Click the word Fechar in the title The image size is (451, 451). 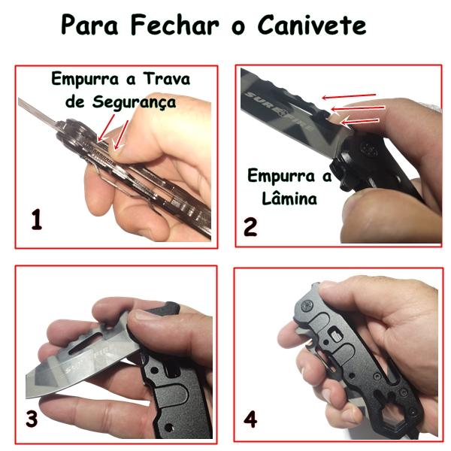(x=174, y=25)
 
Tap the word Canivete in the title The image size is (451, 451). (x=312, y=25)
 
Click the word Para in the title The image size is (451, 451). (x=89, y=25)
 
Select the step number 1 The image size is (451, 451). (x=37, y=220)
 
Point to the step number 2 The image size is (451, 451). (x=250, y=227)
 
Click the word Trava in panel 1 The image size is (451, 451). (x=167, y=78)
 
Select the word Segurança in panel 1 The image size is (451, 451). (x=134, y=102)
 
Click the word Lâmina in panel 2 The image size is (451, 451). (x=289, y=198)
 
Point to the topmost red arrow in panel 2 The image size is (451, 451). (x=349, y=96)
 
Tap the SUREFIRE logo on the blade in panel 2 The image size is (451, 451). (x=278, y=111)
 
